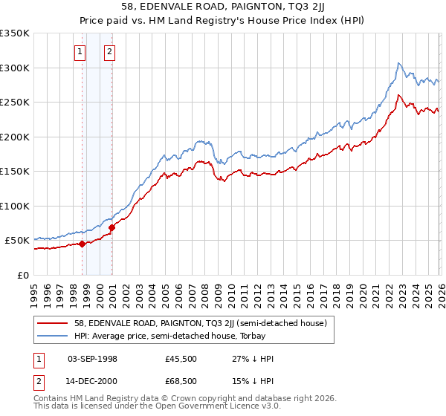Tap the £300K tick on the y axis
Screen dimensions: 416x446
[x=15, y=68]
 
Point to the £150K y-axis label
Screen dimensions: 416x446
[x=15, y=172]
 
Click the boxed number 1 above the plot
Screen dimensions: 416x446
[x=80, y=52]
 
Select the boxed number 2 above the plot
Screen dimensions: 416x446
[x=109, y=52]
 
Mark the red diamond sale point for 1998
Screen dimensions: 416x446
[x=82, y=244]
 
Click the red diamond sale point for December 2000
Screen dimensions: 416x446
[x=111, y=227]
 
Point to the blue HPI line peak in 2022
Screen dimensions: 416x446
[x=399, y=63]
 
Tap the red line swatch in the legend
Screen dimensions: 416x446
[x=54, y=323]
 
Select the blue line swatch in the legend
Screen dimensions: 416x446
[x=54, y=336]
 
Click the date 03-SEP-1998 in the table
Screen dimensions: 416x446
[x=92, y=359]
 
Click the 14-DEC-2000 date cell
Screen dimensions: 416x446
[x=92, y=383]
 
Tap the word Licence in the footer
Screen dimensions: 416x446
[x=230, y=407]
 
